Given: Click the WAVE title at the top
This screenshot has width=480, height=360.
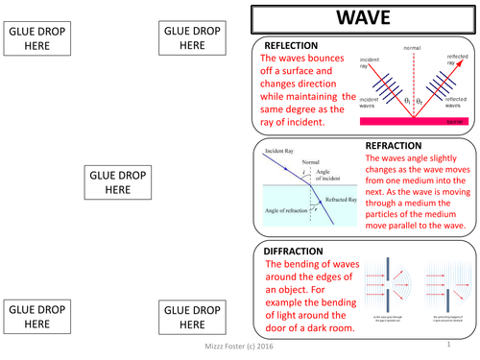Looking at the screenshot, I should (x=363, y=17).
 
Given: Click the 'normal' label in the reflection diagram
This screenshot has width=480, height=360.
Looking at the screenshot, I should (x=412, y=48).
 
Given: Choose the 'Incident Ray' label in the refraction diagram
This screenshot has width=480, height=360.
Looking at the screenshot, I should (x=280, y=153).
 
